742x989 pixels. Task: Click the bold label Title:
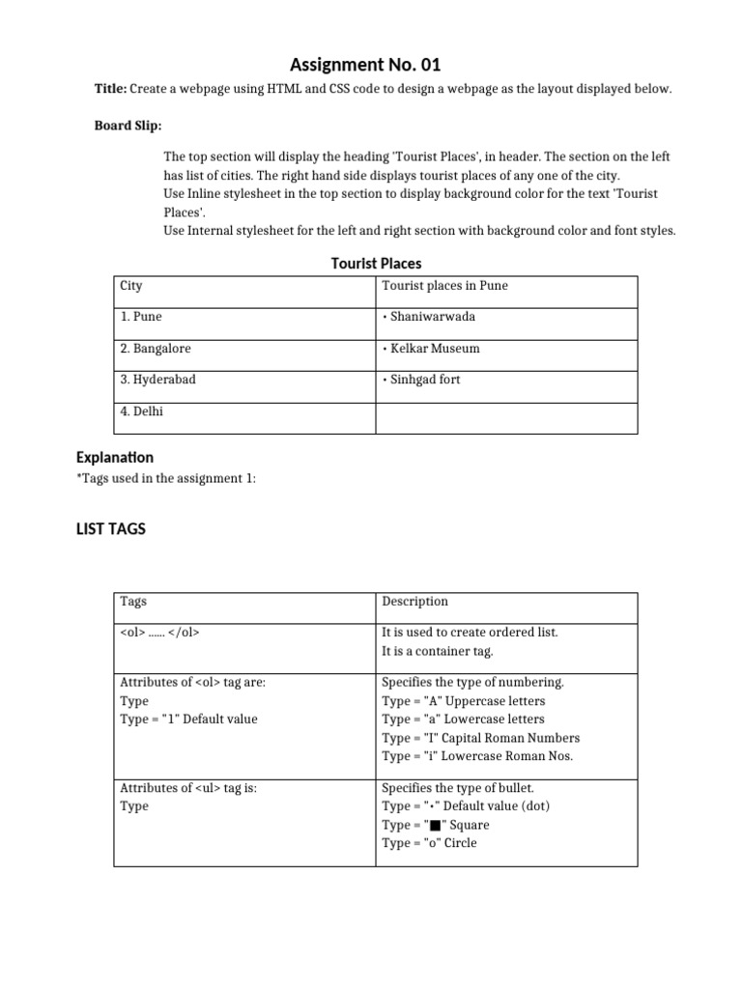pyautogui.click(x=110, y=89)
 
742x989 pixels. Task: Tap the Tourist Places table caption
pyautogui.click(x=376, y=263)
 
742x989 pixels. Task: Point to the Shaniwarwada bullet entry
pyautogui.click(x=429, y=317)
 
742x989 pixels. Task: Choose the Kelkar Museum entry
pyautogui.click(x=431, y=349)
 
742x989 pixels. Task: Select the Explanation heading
pyautogui.click(x=114, y=457)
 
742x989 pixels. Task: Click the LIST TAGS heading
pyautogui.click(x=110, y=528)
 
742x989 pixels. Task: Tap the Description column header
pyautogui.click(x=415, y=601)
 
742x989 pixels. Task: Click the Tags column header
pyautogui.click(x=133, y=601)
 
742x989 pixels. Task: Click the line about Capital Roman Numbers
pyautogui.click(x=480, y=738)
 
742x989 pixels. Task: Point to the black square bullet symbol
pyautogui.click(x=436, y=826)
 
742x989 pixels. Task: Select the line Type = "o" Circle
pyautogui.click(x=429, y=843)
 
